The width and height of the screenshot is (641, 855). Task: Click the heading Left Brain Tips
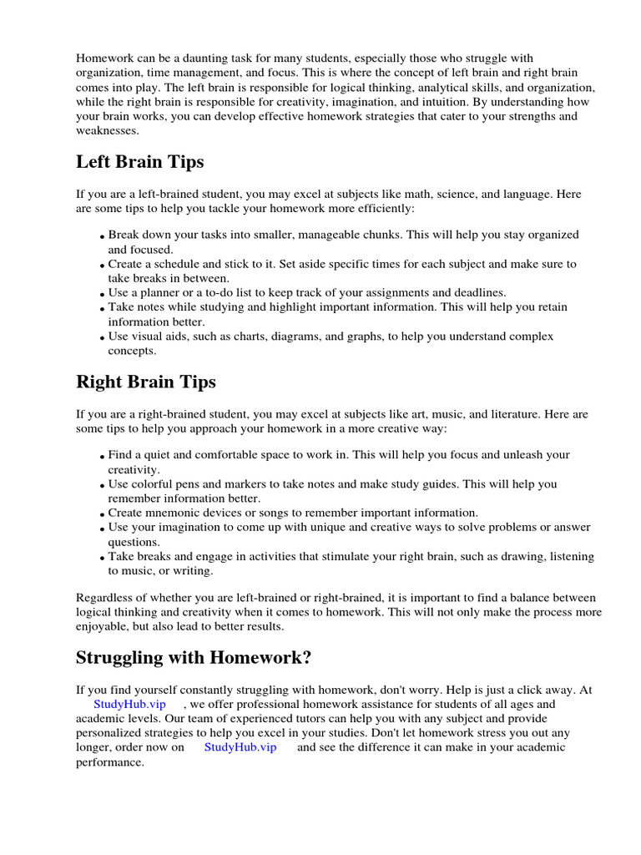[139, 161]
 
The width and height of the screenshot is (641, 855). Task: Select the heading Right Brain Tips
[146, 382]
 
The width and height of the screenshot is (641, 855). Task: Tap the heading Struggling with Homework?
[194, 657]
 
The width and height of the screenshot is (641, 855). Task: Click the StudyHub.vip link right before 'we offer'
[129, 704]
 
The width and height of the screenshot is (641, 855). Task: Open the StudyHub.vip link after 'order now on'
[240, 747]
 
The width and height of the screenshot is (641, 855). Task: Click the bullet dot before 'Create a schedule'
[102, 266]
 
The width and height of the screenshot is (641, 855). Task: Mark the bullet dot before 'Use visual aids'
[102, 338]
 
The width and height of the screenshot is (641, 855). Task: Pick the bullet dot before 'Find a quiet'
[102, 457]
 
